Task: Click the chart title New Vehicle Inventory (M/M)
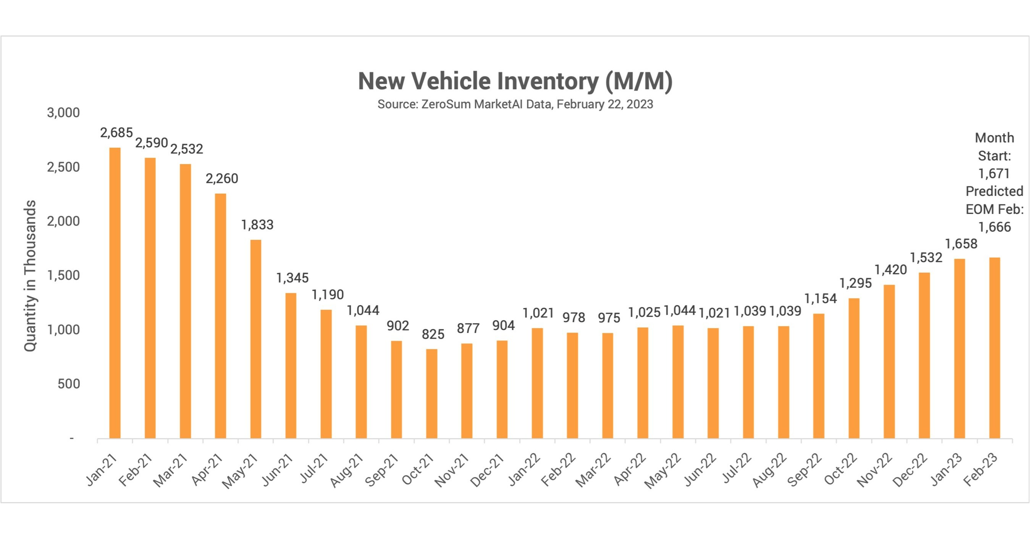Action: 515,81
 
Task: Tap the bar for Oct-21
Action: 431,393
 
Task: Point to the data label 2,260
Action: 222,178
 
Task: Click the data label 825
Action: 433,334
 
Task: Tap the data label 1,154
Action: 821,299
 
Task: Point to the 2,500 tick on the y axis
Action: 64,167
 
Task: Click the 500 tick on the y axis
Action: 69,384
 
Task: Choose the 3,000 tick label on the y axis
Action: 64,113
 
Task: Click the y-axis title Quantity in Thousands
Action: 30,276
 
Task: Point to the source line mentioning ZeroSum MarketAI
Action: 515,105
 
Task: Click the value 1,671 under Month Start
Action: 994,174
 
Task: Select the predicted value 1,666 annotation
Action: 994,227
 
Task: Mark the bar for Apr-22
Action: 643,383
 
